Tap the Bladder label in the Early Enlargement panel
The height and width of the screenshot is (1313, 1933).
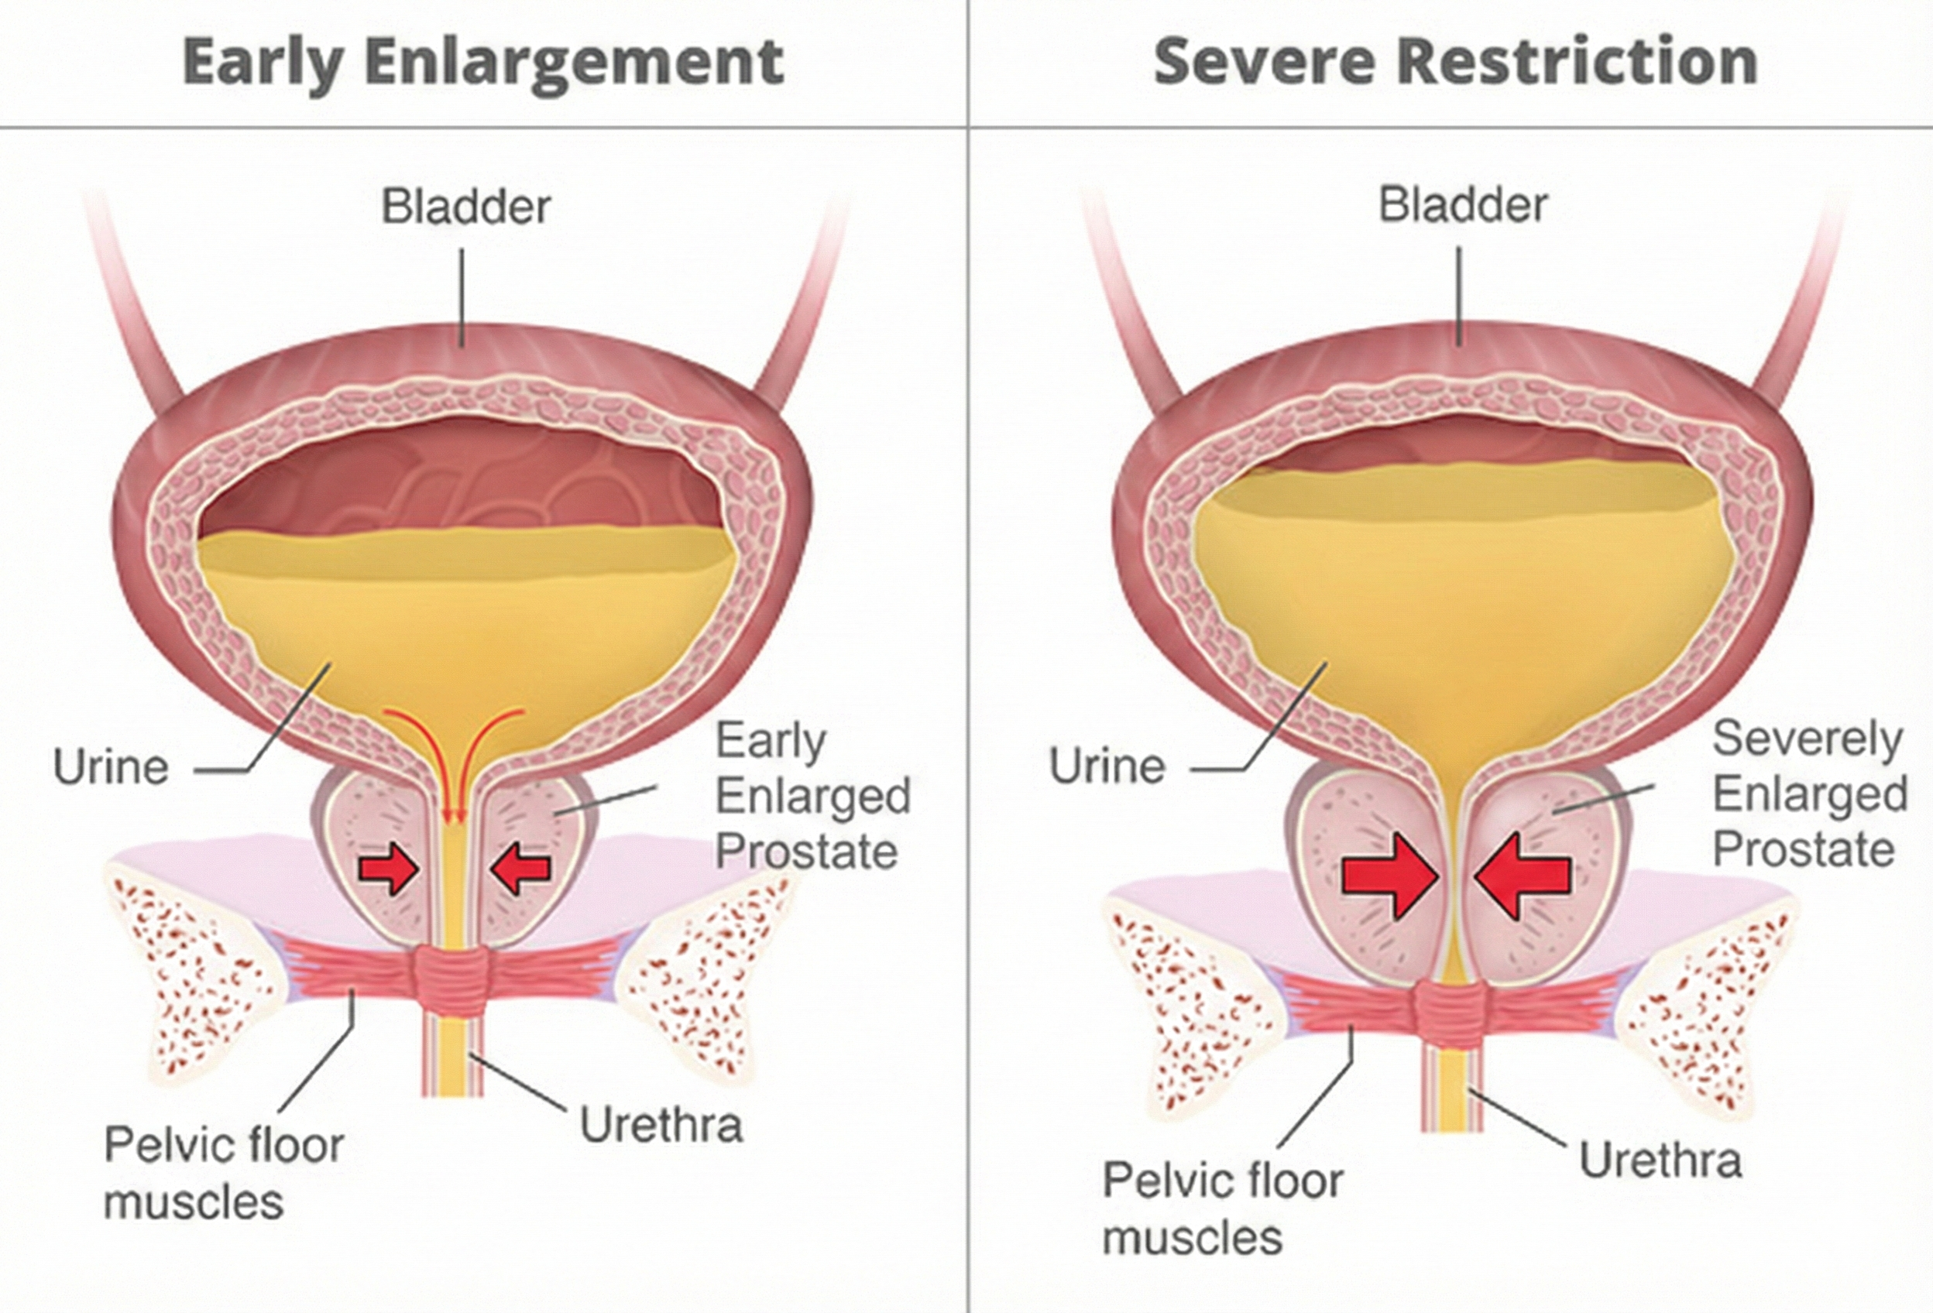(x=465, y=206)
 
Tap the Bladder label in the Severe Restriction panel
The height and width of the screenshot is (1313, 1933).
(x=1463, y=204)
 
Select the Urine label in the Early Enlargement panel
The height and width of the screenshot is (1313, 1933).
(x=111, y=766)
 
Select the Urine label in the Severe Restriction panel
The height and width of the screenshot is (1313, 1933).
(x=1106, y=765)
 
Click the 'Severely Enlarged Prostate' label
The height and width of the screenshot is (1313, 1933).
(x=1809, y=794)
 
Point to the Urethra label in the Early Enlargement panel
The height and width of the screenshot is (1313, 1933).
(x=661, y=1125)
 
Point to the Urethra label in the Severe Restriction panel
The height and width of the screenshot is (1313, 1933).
(x=1660, y=1160)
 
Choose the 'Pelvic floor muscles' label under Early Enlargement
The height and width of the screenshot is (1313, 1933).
(x=223, y=1172)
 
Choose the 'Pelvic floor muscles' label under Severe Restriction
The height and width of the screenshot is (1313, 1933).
(x=1222, y=1208)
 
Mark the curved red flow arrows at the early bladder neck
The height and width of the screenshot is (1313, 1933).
(x=453, y=749)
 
